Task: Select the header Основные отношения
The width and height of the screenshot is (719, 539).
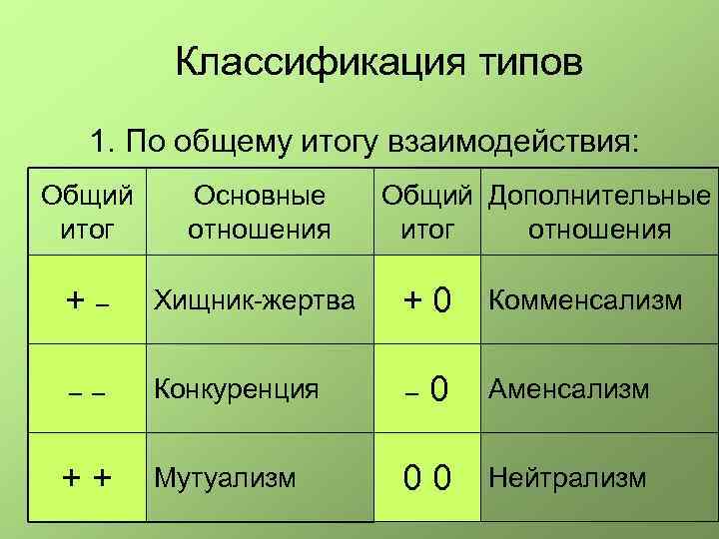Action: [260, 213]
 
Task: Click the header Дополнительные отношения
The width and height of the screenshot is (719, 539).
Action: [599, 213]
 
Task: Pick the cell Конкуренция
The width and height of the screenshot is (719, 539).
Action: [236, 388]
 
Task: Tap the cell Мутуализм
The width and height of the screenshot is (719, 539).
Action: [225, 477]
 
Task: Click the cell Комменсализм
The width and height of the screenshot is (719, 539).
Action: [585, 300]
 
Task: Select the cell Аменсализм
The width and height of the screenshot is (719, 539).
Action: [568, 388]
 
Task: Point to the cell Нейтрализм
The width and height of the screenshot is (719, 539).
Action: [567, 477]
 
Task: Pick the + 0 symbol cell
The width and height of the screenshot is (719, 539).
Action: [426, 300]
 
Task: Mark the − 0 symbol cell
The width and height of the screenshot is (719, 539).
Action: [426, 389]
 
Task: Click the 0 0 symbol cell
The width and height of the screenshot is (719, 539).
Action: [426, 478]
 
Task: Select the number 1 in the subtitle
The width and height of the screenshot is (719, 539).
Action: [98, 141]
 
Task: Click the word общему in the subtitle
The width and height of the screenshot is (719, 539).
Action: [240, 141]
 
